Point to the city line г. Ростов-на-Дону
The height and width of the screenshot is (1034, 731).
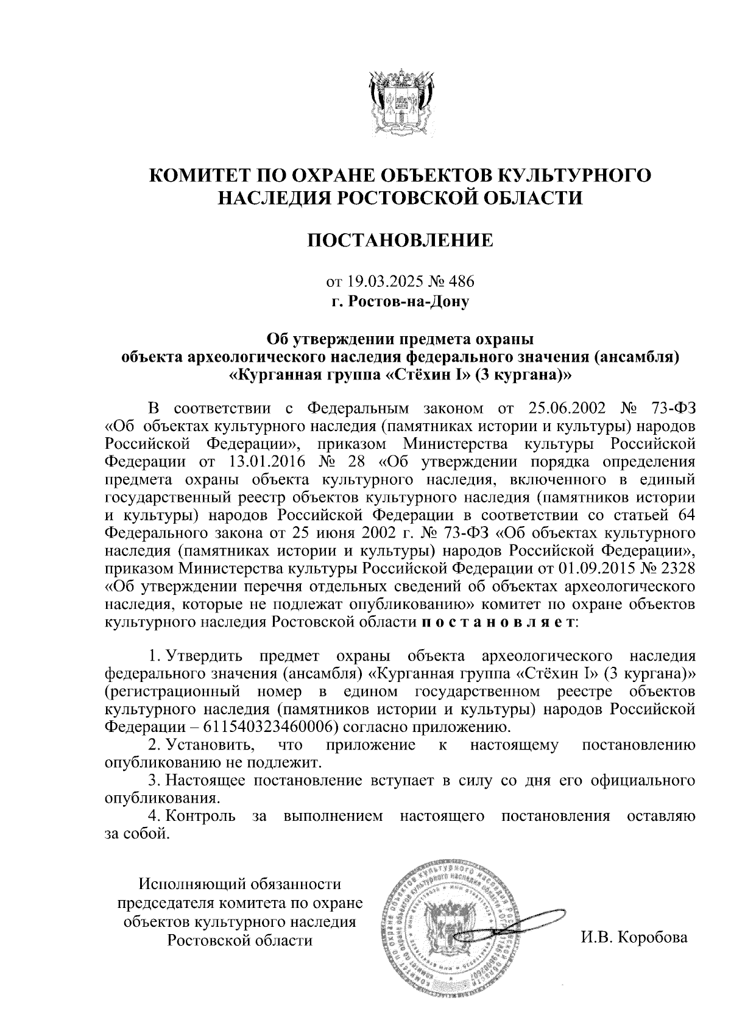click(x=400, y=301)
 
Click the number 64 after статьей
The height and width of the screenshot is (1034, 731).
click(x=685, y=515)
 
